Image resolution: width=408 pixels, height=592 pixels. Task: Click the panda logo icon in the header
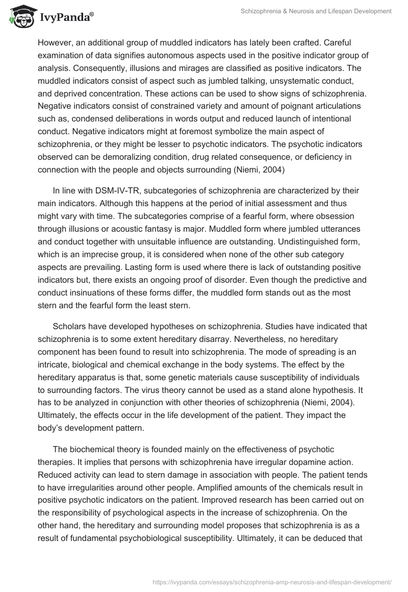20,16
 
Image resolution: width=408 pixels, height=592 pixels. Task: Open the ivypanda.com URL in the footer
273,581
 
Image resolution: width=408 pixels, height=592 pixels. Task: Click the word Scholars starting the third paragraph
69,326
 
